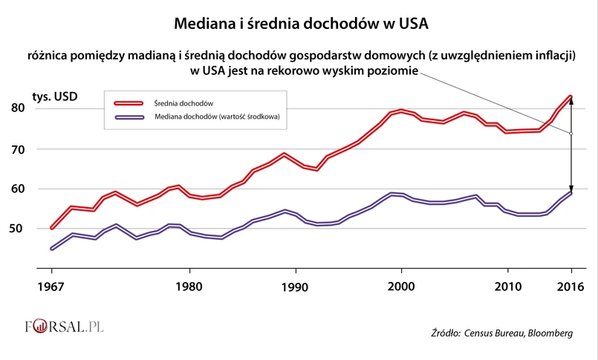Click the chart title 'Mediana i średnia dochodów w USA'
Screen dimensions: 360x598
301,24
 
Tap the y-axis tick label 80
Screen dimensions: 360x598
39,108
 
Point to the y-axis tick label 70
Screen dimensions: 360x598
39,149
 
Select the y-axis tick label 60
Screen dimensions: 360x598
39,189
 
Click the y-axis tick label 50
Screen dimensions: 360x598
39,229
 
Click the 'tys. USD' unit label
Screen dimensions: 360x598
55,96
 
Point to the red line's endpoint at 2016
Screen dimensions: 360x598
571,96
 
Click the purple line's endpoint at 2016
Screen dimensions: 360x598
571,193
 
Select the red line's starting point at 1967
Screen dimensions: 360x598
51,228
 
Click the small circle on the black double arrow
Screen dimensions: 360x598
571,134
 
